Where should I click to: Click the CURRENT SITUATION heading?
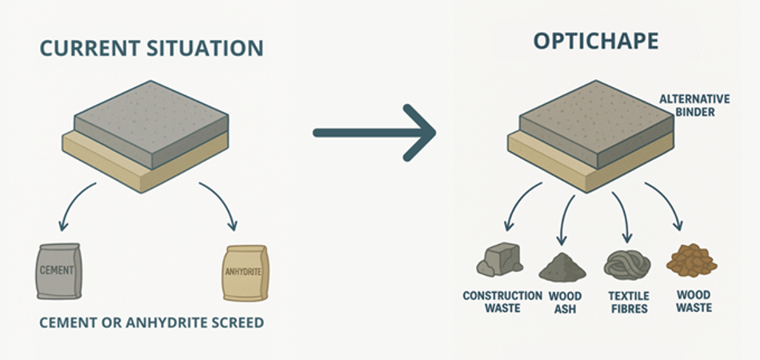151,47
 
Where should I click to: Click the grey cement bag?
58,270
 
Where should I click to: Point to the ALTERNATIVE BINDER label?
694,106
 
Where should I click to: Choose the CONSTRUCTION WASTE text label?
502,302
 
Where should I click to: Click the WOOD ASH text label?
565,302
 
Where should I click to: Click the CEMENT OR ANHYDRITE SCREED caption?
151,324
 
